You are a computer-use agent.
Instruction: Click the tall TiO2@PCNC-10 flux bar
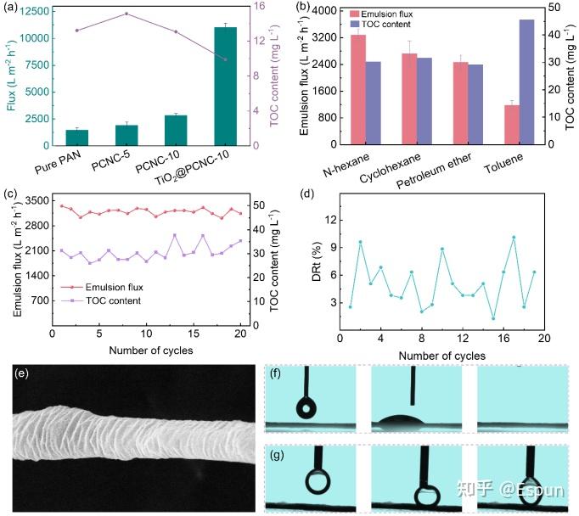(x=225, y=86)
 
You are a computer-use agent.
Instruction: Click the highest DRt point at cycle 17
(x=514, y=237)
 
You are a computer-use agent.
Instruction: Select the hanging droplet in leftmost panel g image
(x=319, y=481)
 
